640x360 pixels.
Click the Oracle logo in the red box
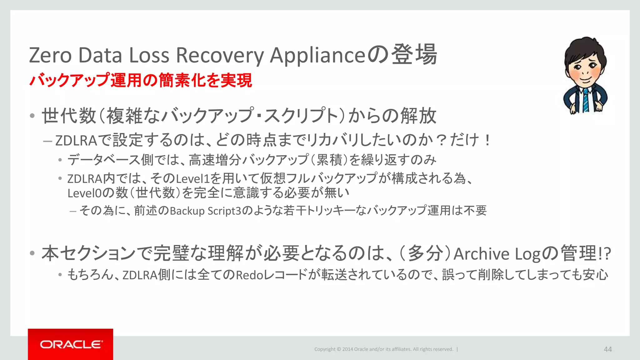click(71, 344)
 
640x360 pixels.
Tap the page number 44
click(607, 349)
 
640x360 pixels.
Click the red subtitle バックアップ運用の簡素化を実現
click(141, 80)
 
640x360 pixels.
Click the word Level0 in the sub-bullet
click(84, 193)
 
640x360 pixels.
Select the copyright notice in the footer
click(384, 349)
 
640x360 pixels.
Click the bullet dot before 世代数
click(32, 116)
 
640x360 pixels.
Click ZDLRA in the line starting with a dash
click(76, 141)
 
